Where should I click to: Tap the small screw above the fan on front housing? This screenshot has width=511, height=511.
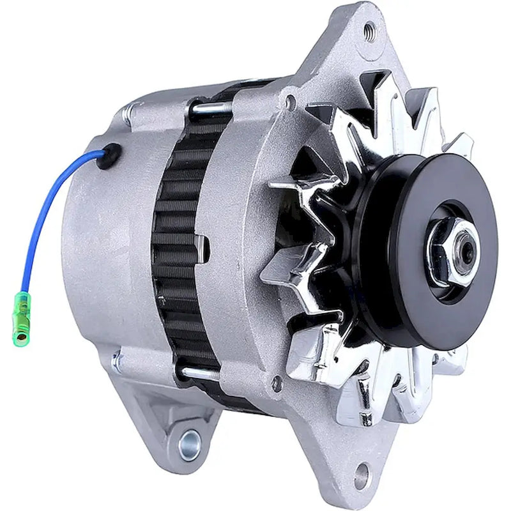(x=292, y=101)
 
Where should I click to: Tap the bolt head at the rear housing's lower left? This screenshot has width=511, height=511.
(x=116, y=363)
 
